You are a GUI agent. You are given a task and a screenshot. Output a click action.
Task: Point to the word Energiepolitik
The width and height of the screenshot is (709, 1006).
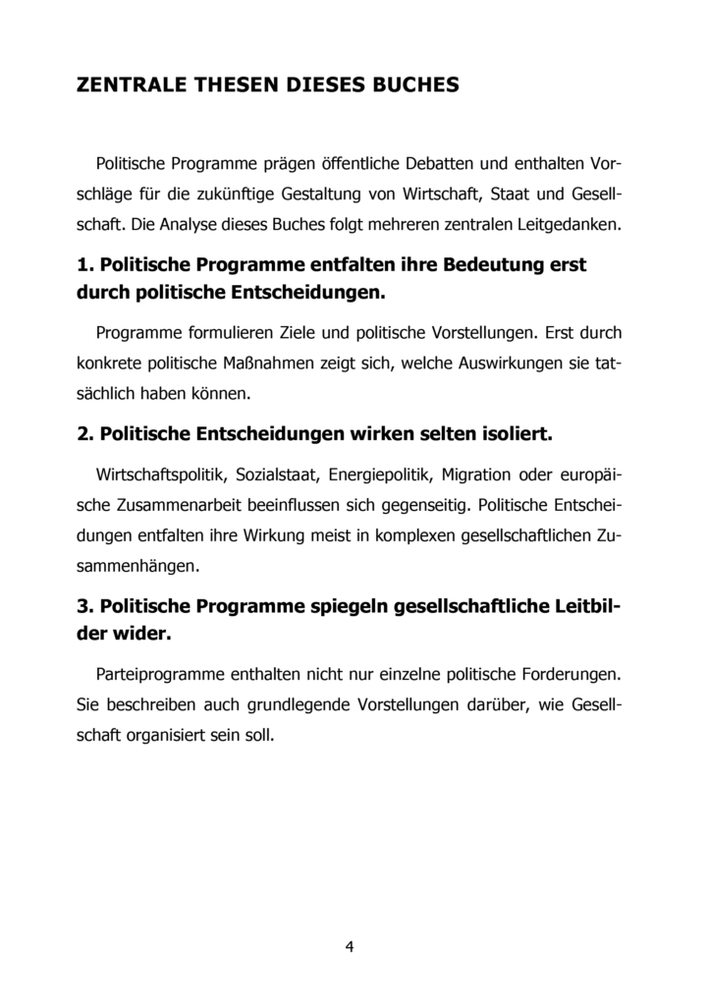[x=380, y=475]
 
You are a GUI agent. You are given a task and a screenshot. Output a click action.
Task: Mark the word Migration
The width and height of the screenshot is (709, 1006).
[x=476, y=475]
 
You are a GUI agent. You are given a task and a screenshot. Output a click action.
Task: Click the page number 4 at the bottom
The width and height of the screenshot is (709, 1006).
[x=350, y=947]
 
